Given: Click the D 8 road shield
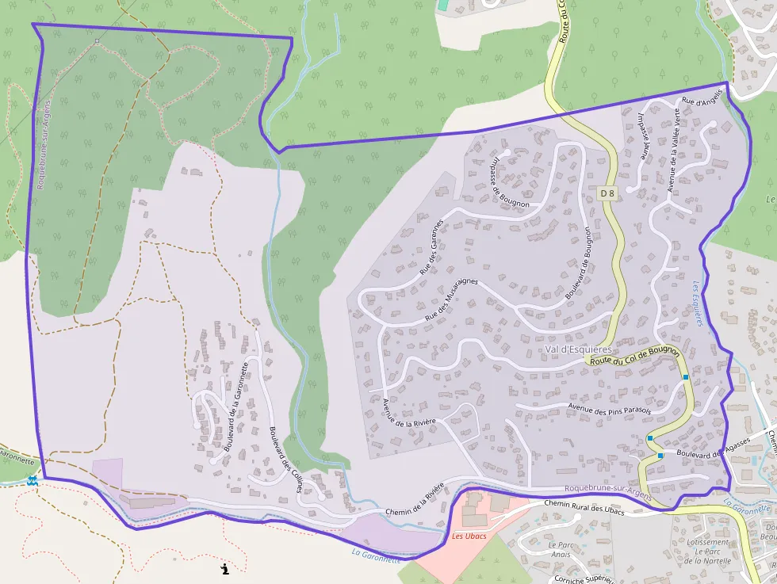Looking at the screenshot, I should (x=607, y=193).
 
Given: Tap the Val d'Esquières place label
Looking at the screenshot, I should (x=579, y=349).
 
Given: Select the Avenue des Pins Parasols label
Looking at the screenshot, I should (x=609, y=409).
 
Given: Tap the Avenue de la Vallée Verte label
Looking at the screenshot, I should (x=674, y=147).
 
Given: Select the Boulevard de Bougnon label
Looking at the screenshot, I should (x=579, y=263).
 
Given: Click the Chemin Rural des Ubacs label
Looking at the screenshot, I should (x=584, y=507).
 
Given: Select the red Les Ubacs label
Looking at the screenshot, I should (x=469, y=536).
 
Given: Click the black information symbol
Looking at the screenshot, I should (x=225, y=568).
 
